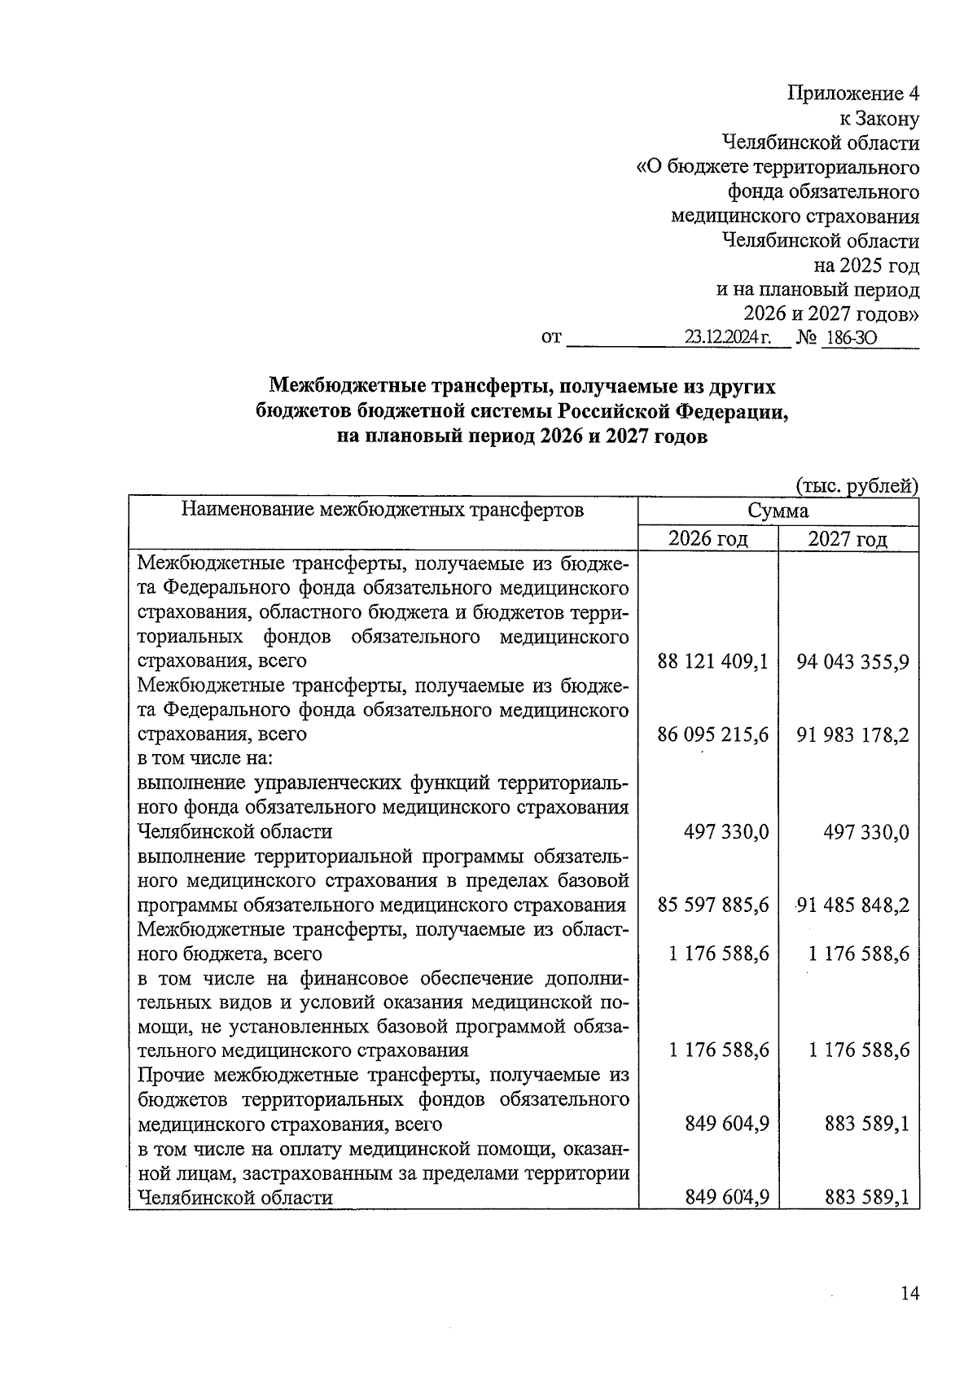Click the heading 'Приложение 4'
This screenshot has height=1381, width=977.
pos(853,94)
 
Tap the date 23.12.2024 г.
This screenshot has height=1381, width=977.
pos(727,337)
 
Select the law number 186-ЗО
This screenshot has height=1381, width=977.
pos(850,337)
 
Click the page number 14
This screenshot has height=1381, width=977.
pos(909,1293)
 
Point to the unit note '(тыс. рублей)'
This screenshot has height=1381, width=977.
pos(857,486)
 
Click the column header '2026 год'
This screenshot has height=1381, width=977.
pos(708,539)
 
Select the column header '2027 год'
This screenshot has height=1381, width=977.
pos(848,539)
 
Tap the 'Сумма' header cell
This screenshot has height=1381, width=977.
pos(778,511)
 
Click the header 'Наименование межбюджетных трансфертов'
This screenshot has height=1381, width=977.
pos(382,511)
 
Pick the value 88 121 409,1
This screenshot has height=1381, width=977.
pos(713,661)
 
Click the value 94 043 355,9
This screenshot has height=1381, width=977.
pos(853,661)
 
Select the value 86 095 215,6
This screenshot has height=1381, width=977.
pos(713,734)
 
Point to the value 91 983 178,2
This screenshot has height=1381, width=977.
pos(853,734)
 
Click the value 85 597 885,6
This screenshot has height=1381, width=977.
pos(713,905)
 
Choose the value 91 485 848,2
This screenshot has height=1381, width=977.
pos(853,905)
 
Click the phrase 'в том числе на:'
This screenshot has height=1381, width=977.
pos(204,758)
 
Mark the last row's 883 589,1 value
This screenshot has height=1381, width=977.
pos(865,1197)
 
